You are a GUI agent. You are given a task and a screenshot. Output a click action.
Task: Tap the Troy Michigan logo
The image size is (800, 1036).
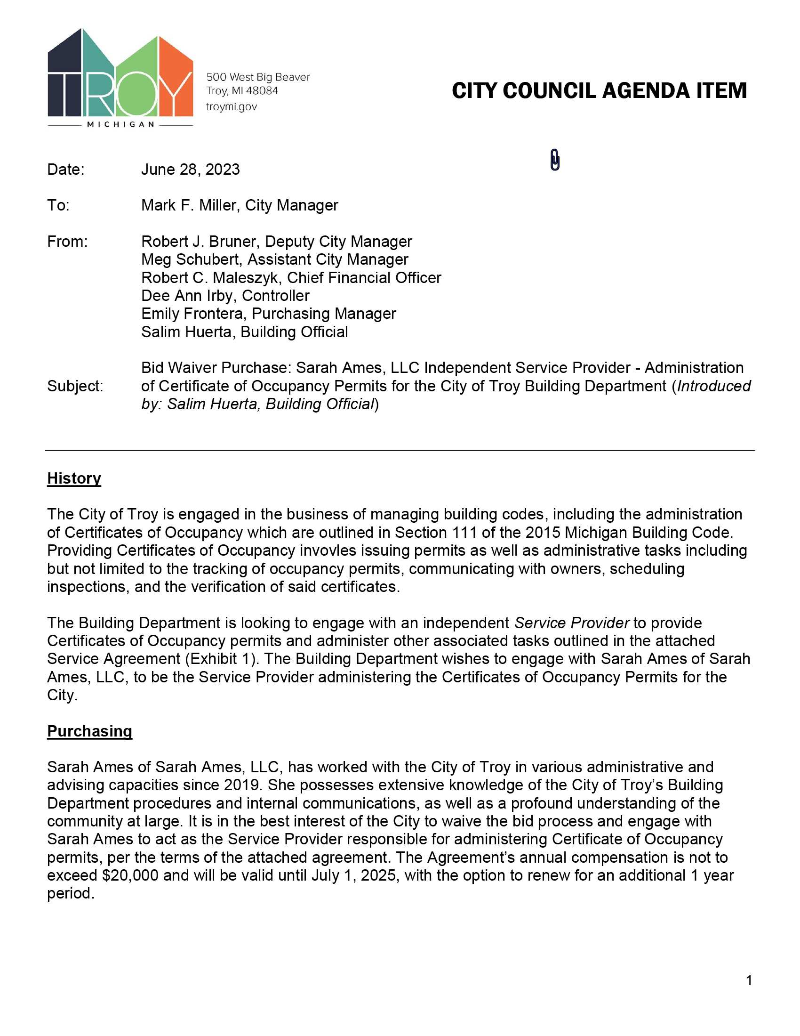tap(120, 78)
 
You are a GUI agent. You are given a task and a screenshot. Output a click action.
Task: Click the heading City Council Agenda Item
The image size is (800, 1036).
tap(599, 91)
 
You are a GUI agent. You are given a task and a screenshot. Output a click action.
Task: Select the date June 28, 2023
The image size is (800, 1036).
tap(191, 170)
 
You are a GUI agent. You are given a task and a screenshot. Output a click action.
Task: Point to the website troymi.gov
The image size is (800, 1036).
tap(231, 107)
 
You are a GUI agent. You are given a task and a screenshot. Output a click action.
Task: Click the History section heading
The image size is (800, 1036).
tap(74, 478)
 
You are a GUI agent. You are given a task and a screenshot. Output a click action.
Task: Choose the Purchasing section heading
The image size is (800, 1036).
tap(89, 731)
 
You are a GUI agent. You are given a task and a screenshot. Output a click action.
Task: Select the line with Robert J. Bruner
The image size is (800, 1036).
tap(276, 242)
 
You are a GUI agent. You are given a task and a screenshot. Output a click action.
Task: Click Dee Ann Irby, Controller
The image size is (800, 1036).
tap(225, 296)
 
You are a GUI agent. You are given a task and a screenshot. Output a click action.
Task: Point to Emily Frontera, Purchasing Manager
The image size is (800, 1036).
tap(268, 314)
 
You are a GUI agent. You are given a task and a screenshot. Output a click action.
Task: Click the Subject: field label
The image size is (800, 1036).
tap(75, 386)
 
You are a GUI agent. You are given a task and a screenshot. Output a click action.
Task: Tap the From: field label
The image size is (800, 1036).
tap(67, 242)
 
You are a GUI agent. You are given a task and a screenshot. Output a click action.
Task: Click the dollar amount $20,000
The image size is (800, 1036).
tap(130, 875)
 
